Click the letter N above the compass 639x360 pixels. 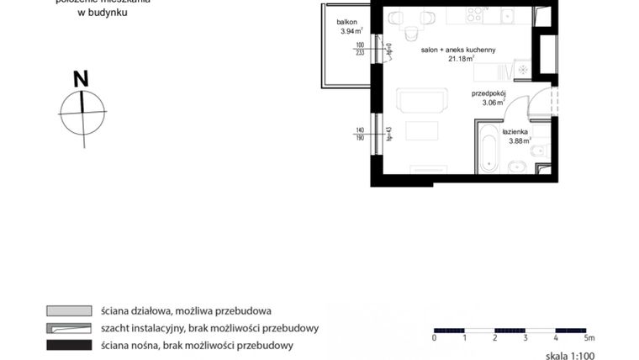[82, 80]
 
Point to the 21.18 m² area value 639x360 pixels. [461, 60]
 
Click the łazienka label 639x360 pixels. [515, 132]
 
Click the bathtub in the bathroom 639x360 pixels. [488, 149]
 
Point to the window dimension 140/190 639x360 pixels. [361, 134]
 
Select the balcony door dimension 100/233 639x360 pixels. [360, 48]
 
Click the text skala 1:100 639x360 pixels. [569, 356]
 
